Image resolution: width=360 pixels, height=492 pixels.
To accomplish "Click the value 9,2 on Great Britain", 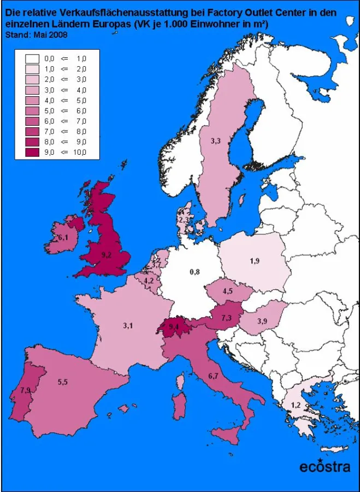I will [x=106, y=255].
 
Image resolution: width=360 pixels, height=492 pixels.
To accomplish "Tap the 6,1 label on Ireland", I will [x=63, y=238].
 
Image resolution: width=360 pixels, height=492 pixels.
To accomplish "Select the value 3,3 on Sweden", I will [x=215, y=141].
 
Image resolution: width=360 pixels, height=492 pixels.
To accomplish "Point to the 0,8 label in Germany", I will [x=194, y=271].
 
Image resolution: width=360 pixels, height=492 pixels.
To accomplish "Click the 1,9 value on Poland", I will [x=255, y=261].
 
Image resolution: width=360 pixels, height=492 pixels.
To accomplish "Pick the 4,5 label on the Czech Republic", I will [x=227, y=291].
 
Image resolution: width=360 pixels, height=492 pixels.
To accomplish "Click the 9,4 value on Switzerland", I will [x=174, y=327].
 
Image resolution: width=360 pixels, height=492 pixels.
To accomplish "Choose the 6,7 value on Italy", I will [x=213, y=376].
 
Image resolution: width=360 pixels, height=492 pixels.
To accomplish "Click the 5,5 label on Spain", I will [x=62, y=382].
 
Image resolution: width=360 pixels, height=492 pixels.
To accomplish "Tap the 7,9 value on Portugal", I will [x=25, y=390].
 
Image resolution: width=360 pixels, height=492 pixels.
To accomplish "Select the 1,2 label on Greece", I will [x=296, y=405].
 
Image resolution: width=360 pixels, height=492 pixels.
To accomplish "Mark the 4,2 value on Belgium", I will [x=149, y=281].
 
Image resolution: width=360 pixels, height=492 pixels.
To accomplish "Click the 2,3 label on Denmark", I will [x=184, y=219].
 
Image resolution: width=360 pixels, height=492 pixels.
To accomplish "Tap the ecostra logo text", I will [x=324, y=466].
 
